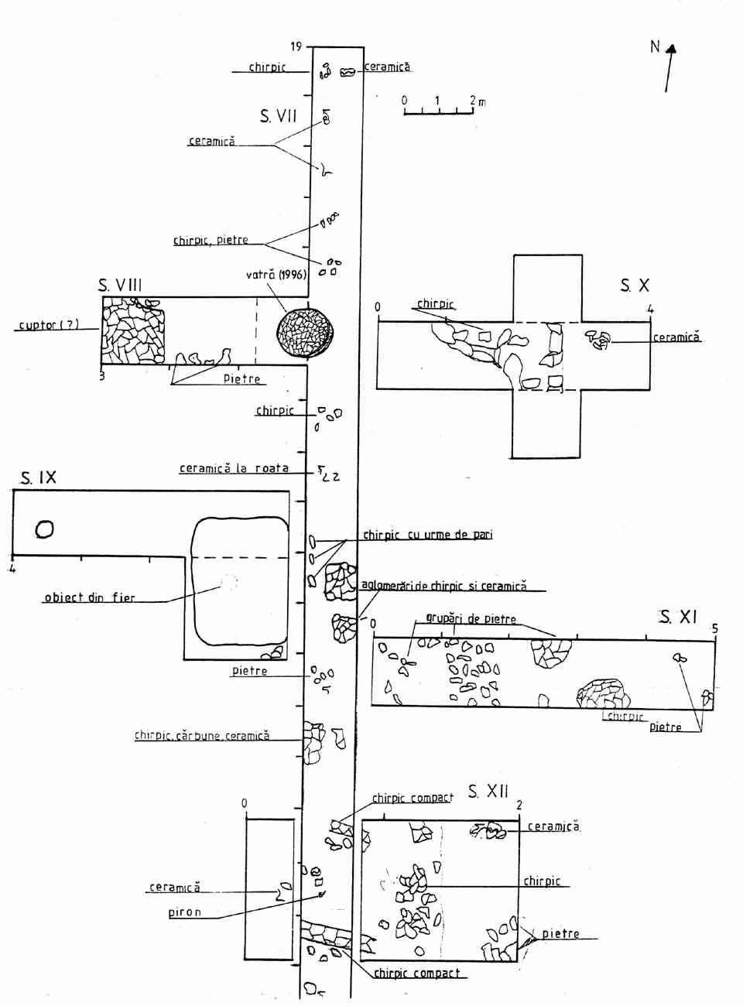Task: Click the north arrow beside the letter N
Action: coord(669,68)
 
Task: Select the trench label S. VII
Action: coord(278,117)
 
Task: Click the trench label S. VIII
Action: coord(120,286)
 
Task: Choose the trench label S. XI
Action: coord(678,617)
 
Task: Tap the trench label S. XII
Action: coord(488,792)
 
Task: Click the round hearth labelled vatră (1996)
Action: coord(305,333)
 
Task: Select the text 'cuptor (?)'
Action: coord(49,325)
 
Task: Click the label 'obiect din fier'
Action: coord(89,597)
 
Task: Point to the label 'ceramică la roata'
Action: coord(234,468)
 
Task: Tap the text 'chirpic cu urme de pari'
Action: coord(428,535)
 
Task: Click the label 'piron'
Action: coord(184,912)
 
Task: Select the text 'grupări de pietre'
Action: coord(471,619)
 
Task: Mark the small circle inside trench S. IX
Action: coord(44,529)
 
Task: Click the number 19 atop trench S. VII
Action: coord(296,47)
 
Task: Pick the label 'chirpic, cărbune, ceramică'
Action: coord(202,736)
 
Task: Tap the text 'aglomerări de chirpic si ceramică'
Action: coord(444,586)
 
